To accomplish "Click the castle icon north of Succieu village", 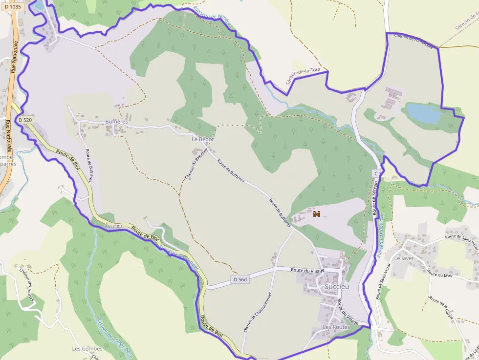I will point(317,214).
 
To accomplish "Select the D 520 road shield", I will point(25,120).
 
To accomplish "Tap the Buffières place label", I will point(116,122).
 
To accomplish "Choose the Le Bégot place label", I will point(203,139).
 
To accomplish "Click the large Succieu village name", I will point(337,287).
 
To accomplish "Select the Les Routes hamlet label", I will point(336,326).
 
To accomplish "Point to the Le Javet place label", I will point(404,258).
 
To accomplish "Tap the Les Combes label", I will point(87,349).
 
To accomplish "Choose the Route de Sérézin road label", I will point(376,198).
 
